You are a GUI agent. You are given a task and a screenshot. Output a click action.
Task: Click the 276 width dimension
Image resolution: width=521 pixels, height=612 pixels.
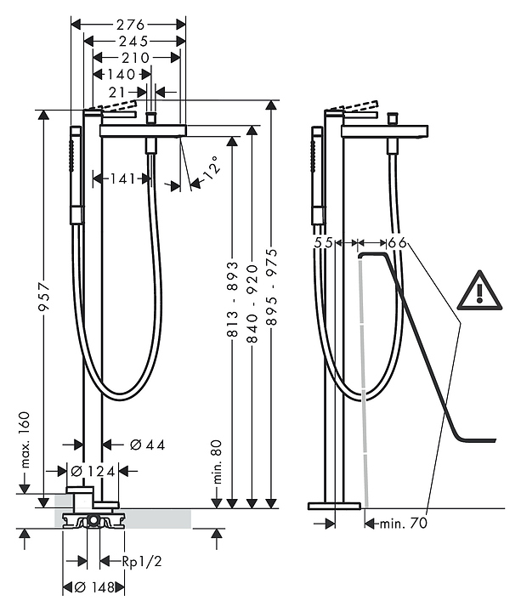pos(130,25)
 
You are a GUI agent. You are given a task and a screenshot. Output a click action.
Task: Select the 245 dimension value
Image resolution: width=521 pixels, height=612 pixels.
pos(133,41)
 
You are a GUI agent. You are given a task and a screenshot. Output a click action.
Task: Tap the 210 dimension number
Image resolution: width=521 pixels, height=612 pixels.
pos(135,58)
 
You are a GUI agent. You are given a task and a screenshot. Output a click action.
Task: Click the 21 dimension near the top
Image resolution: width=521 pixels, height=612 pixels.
pos(117,93)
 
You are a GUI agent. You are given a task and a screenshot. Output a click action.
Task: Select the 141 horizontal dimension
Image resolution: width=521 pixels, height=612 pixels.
pos(122,178)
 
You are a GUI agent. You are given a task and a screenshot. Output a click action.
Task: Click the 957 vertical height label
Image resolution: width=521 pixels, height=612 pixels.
pos(43,297)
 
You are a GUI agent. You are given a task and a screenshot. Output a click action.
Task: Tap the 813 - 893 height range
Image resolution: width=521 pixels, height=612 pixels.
pos(232,299)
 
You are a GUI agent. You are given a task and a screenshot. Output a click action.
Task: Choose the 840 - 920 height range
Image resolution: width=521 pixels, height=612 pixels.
pos(252,303)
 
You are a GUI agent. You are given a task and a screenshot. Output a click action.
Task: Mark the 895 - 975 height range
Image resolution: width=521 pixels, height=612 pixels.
pos(272,287)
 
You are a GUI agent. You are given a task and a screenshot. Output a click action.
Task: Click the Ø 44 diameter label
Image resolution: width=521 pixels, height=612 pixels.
pos(147,445)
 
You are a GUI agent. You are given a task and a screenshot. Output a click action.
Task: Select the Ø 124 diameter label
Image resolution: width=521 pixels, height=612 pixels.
pos(93,472)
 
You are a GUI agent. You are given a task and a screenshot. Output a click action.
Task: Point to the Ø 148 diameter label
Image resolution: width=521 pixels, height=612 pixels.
pos(93,586)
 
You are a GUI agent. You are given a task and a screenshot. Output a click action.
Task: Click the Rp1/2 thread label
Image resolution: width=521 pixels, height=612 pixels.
pos(142,561)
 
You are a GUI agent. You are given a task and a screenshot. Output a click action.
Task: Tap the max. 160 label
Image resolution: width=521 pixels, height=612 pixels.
pos(25,439)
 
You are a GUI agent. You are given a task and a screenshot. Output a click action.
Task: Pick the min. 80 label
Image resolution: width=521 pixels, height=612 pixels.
pos(218,462)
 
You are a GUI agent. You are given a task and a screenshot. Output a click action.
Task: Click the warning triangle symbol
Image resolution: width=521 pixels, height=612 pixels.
pos(479,290)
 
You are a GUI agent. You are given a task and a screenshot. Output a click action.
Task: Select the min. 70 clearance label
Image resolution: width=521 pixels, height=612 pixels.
pos(404,523)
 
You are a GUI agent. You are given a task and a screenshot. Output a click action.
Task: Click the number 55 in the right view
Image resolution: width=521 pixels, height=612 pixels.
pos(324,243)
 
